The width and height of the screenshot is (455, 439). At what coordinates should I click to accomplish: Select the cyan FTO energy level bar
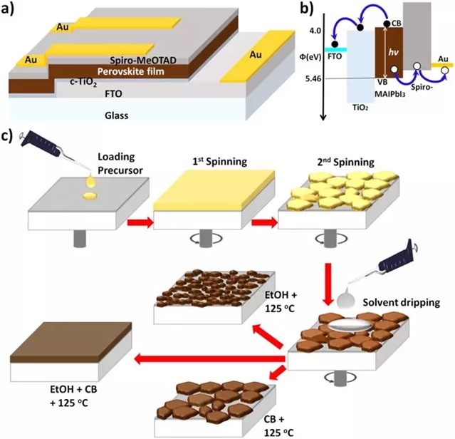336,50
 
